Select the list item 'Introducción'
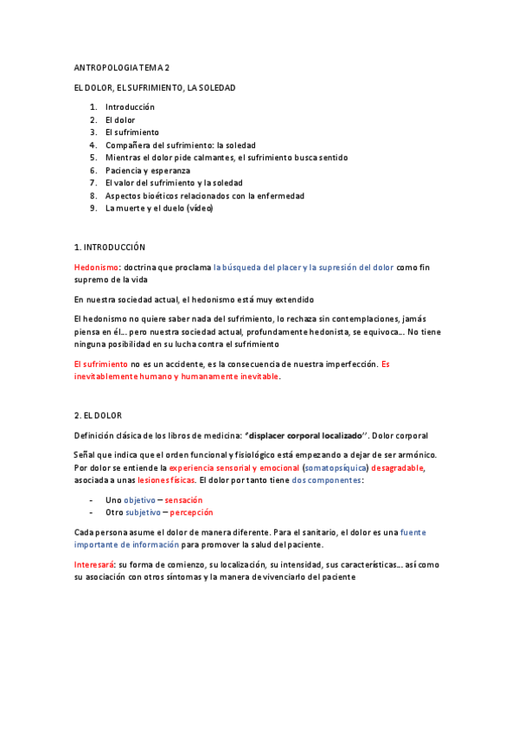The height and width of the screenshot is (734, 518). click(x=130, y=106)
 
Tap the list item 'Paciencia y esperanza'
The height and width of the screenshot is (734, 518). click(x=147, y=171)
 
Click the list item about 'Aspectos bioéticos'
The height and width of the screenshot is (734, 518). click(x=204, y=196)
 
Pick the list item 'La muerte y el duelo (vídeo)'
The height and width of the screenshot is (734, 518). click(x=158, y=209)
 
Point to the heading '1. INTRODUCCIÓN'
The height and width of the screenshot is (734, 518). click(x=110, y=248)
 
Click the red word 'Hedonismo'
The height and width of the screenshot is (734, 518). click(x=95, y=267)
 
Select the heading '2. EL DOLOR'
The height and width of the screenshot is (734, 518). click(x=98, y=415)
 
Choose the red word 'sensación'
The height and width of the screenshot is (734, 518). click(x=183, y=499)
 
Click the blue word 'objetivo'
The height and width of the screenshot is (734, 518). click(x=139, y=499)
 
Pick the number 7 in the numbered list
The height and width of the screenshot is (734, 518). click(x=93, y=183)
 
